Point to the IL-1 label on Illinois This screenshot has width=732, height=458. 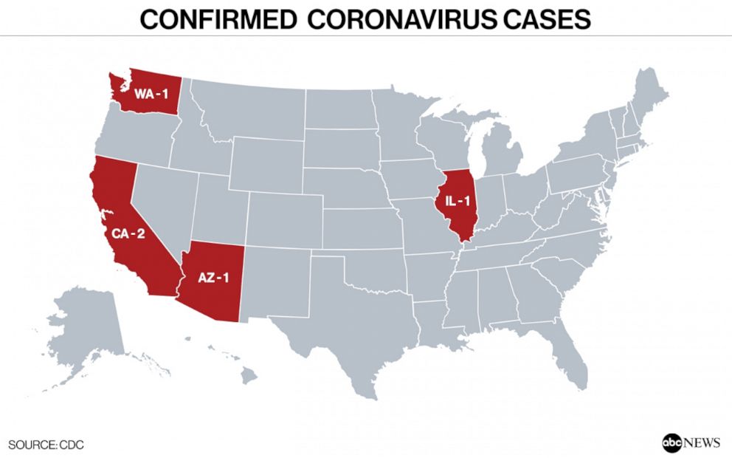click(x=456, y=200)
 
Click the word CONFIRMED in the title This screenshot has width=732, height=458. click(x=219, y=18)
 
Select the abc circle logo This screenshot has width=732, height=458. click(x=672, y=442)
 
